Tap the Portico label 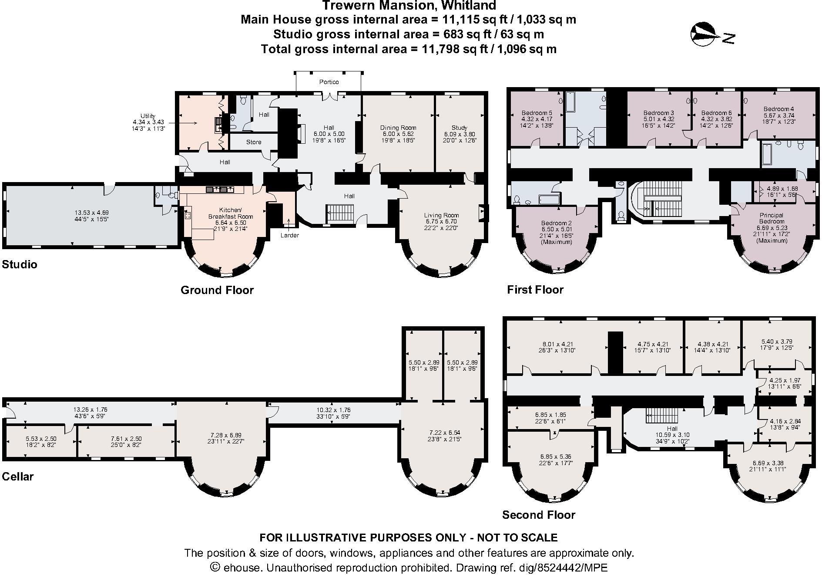pyautogui.click(x=329, y=82)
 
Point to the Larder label pyautogui.click(x=289, y=235)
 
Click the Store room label pyautogui.click(x=254, y=142)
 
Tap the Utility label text pyautogui.click(x=148, y=116)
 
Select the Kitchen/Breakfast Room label pyautogui.click(x=230, y=213)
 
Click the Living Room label pyautogui.click(x=441, y=215)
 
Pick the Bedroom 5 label pyautogui.click(x=537, y=113)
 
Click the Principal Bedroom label pyautogui.click(x=772, y=218)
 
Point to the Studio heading pyautogui.click(x=20, y=264)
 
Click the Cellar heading pyautogui.click(x=18, y=477)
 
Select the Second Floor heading pyautogui.click(x=538, y=515)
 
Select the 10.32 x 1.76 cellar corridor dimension pyautogui.click(x=334, y=410)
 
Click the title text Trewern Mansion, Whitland pyautogui.click(x=409, y=6)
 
